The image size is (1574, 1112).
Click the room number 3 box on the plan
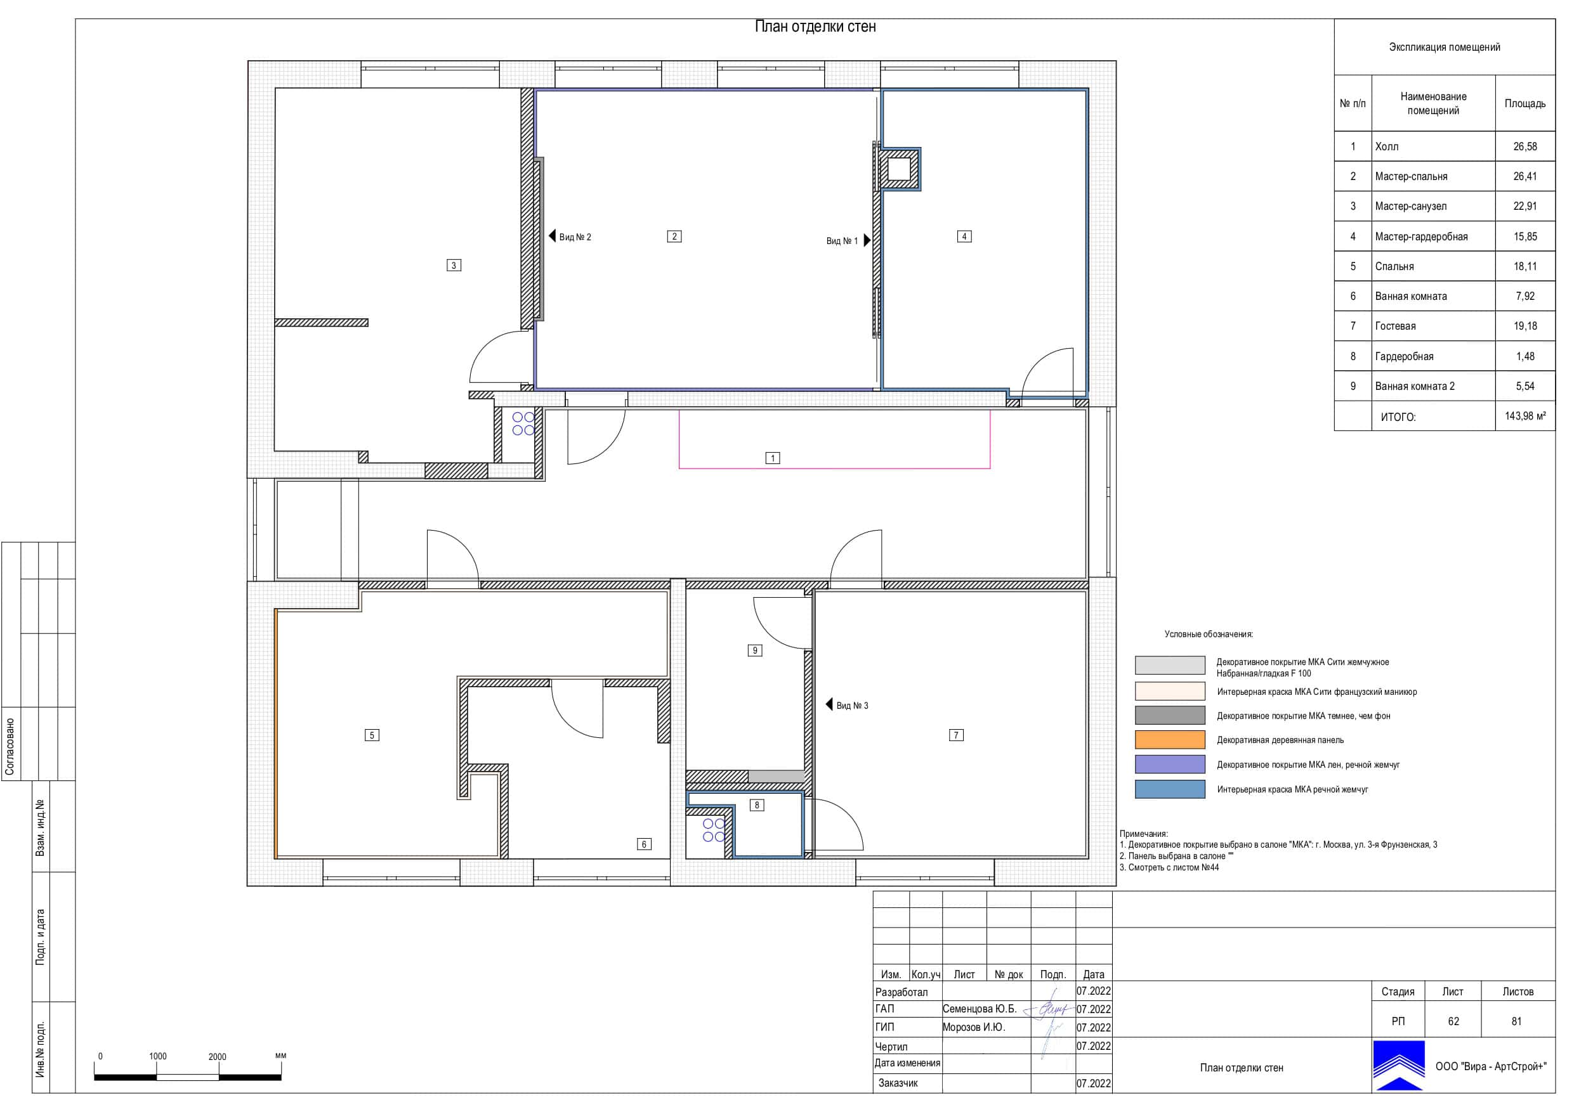453,265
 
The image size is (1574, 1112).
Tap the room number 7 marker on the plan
955,735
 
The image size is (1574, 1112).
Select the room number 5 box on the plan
372,735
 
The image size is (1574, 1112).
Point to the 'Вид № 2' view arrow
553,236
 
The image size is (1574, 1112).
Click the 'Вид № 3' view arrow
829,704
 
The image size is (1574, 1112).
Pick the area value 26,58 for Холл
1525,146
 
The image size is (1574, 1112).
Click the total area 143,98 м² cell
1525,416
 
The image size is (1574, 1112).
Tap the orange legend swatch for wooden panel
1169,740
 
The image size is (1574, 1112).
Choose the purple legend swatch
1169,765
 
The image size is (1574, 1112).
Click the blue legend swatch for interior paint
1169,789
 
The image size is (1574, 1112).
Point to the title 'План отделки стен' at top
815,27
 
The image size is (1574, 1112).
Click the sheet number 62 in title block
1453,1021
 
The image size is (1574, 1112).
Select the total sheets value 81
1516,1021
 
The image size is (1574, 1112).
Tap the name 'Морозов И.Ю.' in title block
973,1027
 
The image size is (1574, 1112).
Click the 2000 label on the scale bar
218,1056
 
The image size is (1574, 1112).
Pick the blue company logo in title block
1398,1066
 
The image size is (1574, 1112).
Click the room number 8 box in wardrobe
757,805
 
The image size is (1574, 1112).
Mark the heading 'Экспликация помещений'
1445,48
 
